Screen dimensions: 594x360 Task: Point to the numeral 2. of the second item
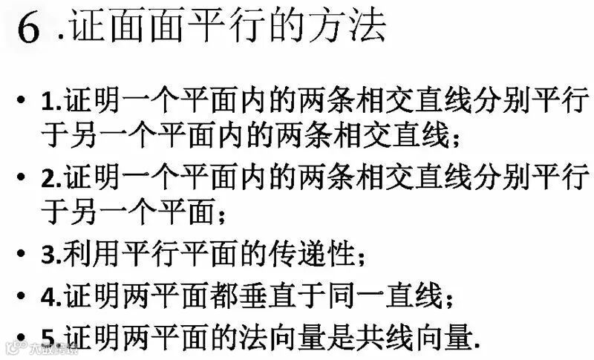pyautogui.click(x=54, y=180)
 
